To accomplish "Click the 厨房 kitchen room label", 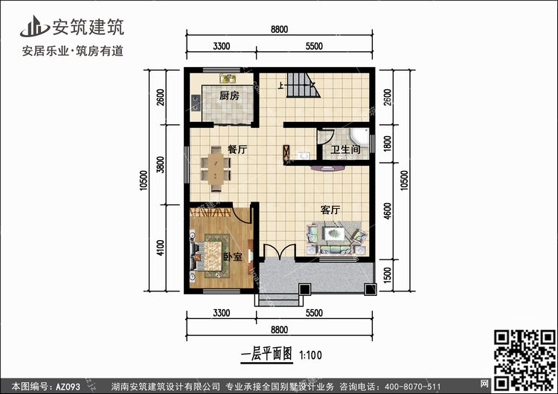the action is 229,95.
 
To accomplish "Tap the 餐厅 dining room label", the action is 237,149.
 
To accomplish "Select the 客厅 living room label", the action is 330,210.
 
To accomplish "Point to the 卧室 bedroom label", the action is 233,256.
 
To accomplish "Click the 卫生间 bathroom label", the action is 345,149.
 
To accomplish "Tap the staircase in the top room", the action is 304,85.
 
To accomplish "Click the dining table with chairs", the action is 216,169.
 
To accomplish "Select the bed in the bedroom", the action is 210,256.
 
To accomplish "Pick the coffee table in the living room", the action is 334,233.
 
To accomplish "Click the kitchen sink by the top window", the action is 228,78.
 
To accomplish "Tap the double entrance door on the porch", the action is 279,252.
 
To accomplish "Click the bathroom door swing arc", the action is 326,137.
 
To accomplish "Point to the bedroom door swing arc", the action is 243,214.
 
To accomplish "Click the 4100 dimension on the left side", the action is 161,248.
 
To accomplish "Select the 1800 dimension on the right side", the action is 387,143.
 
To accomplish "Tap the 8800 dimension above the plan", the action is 279,29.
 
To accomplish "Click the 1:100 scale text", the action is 310,355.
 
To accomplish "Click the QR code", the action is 525,360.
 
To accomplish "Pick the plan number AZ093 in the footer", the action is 68,387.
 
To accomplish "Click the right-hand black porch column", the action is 370,289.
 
